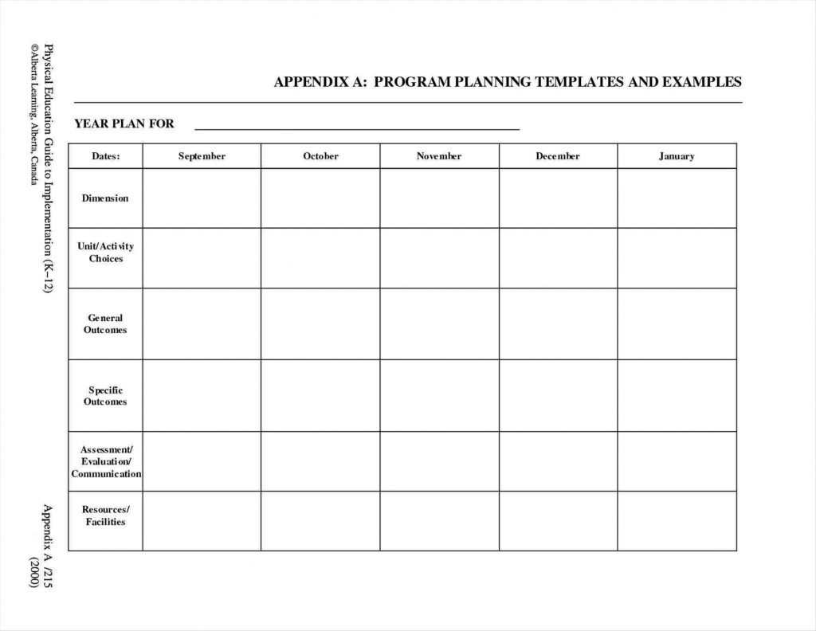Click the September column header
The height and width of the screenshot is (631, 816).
(202, 156)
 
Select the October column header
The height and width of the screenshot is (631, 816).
(320, 156)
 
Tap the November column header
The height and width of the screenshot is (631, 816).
(439, 156)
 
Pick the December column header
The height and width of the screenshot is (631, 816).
(558, 156)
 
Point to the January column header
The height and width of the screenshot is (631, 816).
(677, 156)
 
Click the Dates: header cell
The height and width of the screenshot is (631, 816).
(105, 156)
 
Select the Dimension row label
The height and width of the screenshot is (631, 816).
(105, 198)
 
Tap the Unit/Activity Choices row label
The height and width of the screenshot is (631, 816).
(105, 253)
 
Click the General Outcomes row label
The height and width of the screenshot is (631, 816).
(105, 324)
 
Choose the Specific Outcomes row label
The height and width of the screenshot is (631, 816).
(105, 396)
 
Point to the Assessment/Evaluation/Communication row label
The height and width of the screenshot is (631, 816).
(105, 462)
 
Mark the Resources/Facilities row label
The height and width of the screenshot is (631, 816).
(105, 515)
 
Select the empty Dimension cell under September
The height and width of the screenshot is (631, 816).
(202, 198)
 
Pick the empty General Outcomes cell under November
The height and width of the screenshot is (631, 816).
(439, 324)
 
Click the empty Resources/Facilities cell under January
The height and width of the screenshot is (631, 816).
(677, 521)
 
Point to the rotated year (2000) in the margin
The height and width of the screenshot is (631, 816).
(34, 570)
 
